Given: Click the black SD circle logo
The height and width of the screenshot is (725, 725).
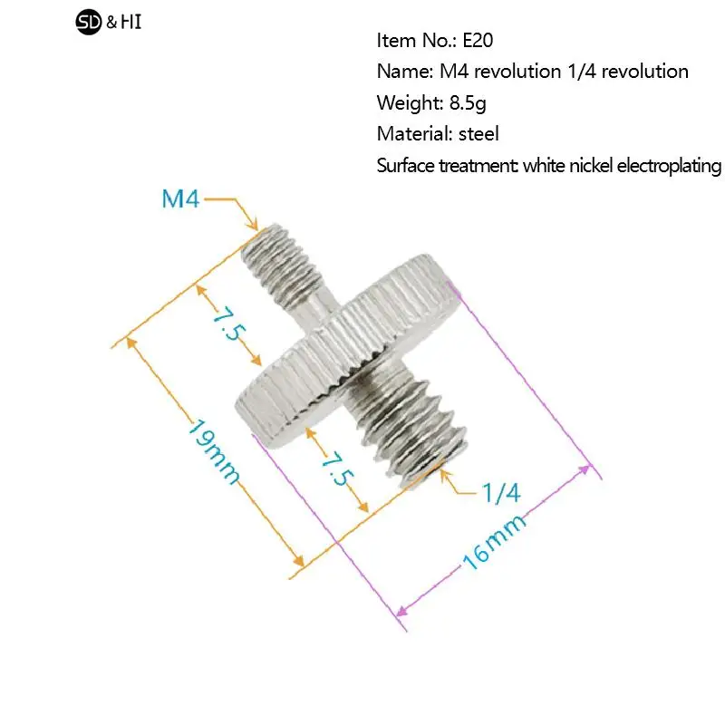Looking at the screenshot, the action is pyautogui.click(x=88, y=22).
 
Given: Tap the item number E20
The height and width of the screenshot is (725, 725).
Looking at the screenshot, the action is pyautogui.click(x=478, y=41).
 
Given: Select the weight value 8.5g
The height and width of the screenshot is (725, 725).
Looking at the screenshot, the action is pyautogui.click(x=468, y=103).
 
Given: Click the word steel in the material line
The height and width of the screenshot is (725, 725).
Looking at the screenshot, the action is pyautogui.click(x=478, y=134).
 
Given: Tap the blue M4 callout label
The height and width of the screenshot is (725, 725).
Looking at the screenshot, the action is pyautogui.click(x=180, y=199).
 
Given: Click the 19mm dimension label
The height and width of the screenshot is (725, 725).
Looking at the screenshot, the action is pyautogui.click(x=214, y=451).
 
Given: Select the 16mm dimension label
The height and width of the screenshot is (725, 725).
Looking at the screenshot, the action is pyautogui.click(x=494, y=541).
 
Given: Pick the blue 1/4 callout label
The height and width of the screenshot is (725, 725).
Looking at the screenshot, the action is pyautogui.click(x=501, y=493).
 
